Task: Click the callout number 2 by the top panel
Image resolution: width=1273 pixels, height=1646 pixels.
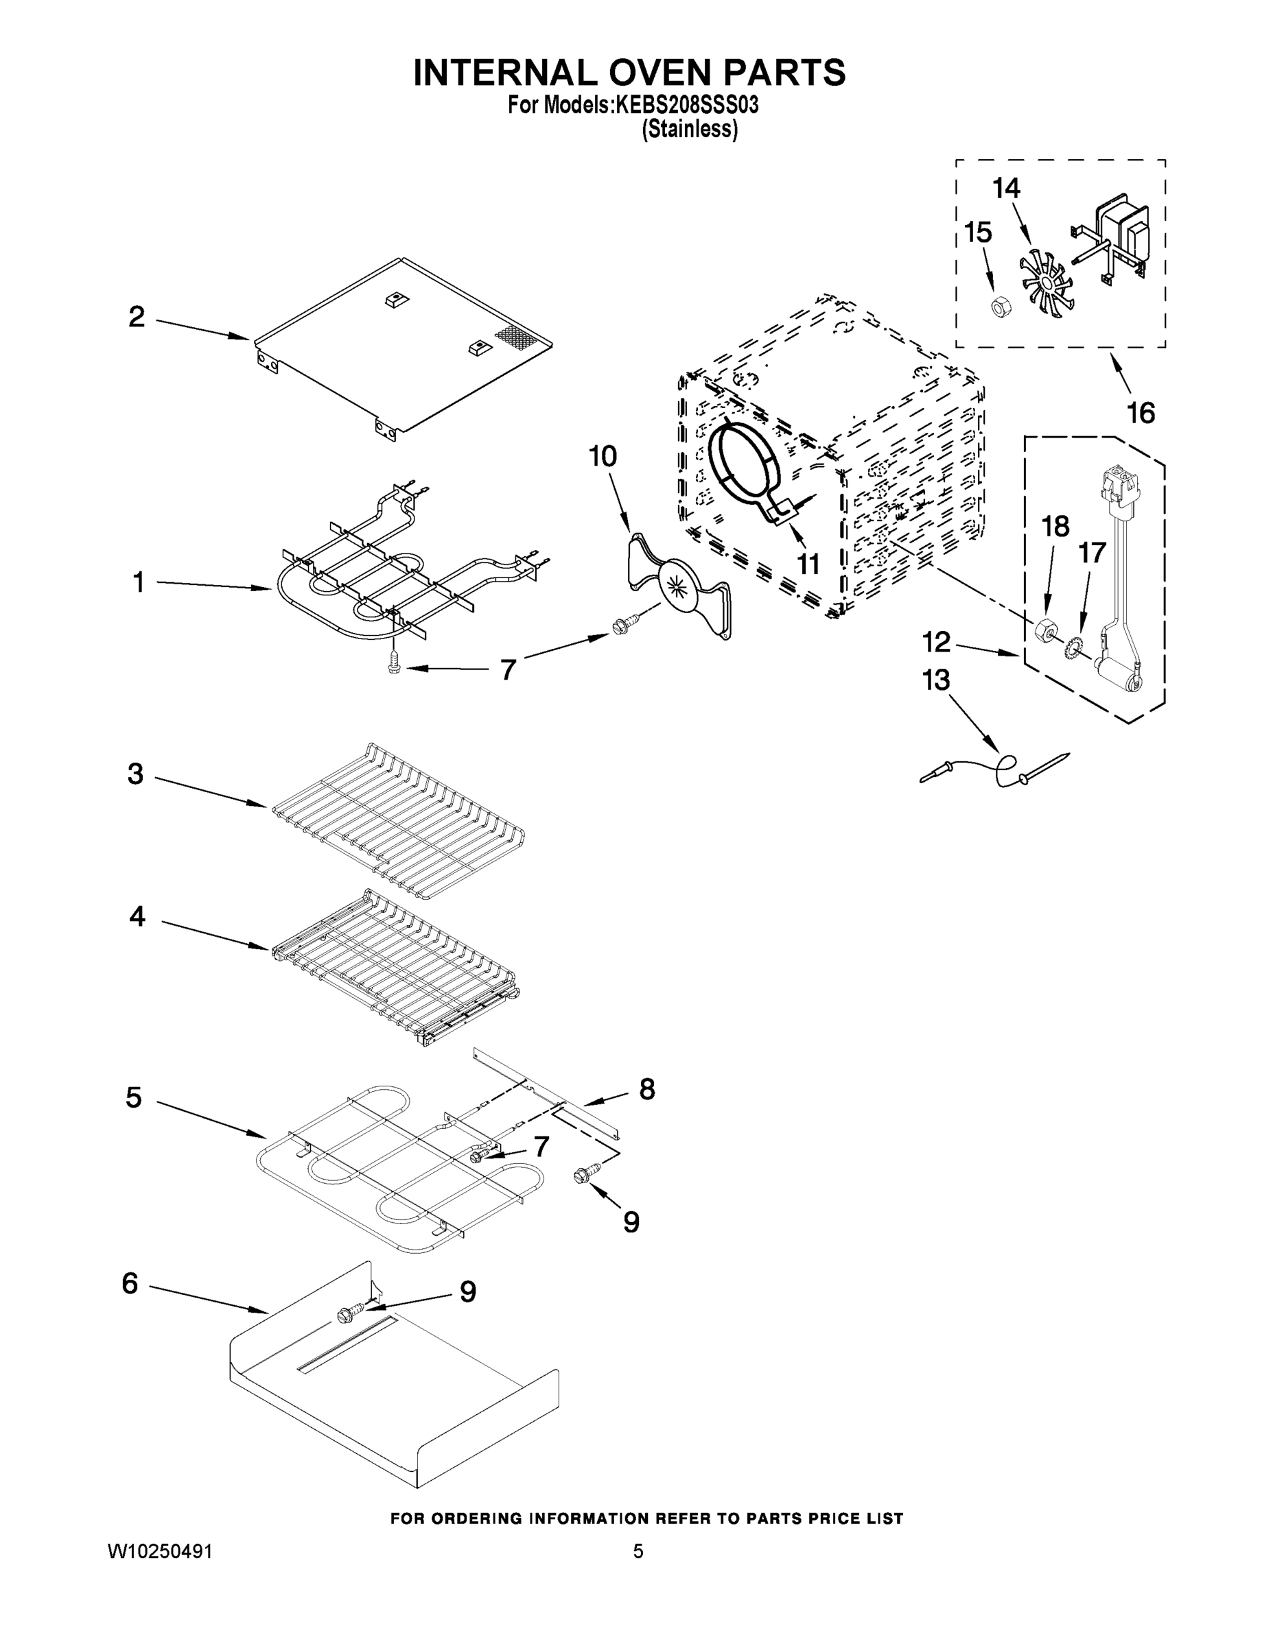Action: point(137,318)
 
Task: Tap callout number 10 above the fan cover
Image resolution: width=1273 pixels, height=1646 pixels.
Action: point(603,456)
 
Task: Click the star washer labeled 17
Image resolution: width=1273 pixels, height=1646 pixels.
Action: point(1073,646)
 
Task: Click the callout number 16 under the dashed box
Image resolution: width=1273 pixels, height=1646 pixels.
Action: point(1141,413)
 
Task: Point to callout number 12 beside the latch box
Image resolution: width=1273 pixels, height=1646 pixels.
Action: point(937,643)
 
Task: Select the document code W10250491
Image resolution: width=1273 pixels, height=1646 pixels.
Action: point(160,1552)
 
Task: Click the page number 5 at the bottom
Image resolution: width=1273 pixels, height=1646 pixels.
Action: point(638,1552)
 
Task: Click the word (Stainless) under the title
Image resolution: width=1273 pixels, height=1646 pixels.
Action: point(689,130)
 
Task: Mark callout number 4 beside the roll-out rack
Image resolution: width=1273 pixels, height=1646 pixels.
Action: point(137,916)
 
